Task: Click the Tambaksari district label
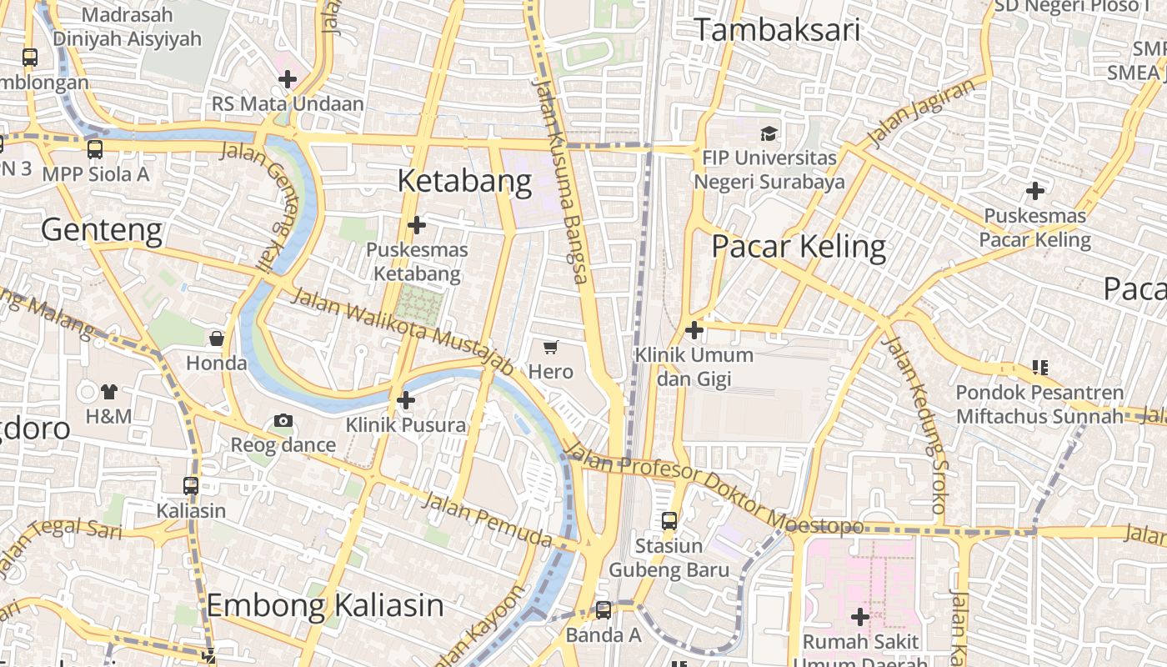[776, 30]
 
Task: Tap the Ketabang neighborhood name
[464, 181]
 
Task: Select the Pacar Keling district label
[799, 247]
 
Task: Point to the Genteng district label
[102, 229]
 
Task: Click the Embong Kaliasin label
[325, 605]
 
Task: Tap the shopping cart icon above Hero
[550, 347]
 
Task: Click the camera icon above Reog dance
[283, 420]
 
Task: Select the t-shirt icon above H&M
[108, 391]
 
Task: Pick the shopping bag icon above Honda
[217, 339]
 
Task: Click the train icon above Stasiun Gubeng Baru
[669, 521]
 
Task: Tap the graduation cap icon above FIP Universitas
[769, 133]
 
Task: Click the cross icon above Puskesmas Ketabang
[417, 224]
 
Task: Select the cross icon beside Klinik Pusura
[406, 400]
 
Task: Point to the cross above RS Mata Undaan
[288, 79]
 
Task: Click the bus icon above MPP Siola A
[95, 149]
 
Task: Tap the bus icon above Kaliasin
[191, 485]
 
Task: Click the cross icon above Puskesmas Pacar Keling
[1034, 191]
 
